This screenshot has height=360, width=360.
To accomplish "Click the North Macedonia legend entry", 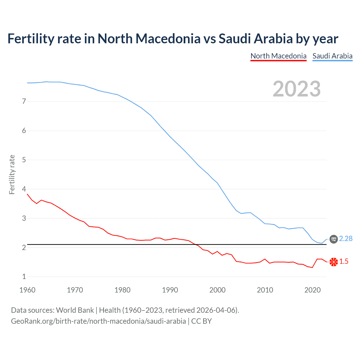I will (278, 56).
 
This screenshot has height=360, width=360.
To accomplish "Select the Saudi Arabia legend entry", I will (332, 56).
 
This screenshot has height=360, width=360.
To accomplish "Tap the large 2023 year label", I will (297, 89).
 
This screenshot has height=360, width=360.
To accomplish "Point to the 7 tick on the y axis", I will (24, 101).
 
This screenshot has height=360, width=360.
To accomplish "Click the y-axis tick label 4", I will (24, 189).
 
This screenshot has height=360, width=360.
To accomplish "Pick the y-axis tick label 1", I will (24, 277).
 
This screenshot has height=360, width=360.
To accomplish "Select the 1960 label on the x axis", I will (27, 290).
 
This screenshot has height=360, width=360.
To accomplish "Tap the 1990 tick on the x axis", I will (170, 290).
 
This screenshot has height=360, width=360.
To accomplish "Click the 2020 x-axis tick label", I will (312, 290).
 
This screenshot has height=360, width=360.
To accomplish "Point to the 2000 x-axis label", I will (217, 290).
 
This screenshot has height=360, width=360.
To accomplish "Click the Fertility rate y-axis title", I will (12, 174).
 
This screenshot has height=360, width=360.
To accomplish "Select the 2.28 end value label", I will (346, 238).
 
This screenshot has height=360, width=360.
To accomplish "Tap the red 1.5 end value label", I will (344, 262).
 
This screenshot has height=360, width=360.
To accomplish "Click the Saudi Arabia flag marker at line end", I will (334, 239).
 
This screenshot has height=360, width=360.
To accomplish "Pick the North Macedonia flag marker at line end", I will (334, 262).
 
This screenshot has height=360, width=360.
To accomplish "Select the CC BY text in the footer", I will (201, 321).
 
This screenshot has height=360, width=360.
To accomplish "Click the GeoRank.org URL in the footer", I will (98, 321).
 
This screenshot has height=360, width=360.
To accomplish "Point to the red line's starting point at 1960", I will (28, 194).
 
